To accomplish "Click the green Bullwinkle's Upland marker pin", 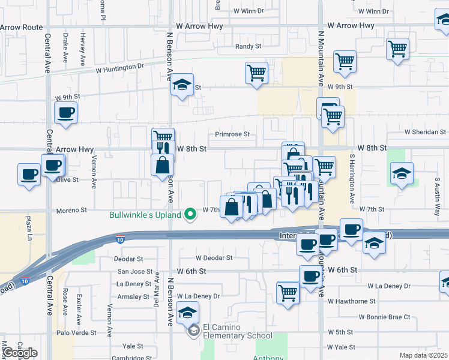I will tap(191, 214).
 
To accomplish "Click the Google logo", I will tap(20, 353).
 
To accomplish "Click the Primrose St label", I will tap(233, 135).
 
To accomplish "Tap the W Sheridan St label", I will tap(425, 132).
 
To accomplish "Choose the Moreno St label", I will tap(72, 211).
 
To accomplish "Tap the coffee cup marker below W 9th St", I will tap(66, 112).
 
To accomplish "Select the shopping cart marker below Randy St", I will tap(256, 73).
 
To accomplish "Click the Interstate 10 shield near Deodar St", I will tap(121, 239).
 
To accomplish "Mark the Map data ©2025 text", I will tap(423, 355).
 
